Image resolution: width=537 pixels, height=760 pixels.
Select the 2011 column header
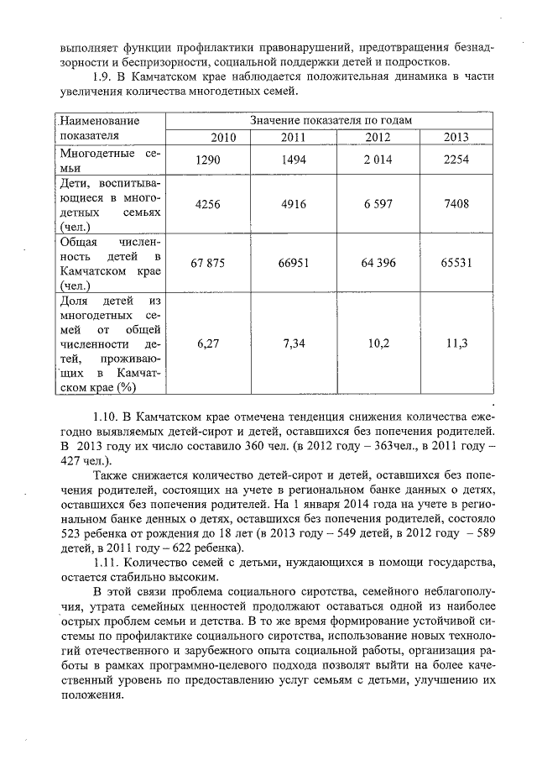point(292,137)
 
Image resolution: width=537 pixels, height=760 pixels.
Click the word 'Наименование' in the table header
point(96,121)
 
